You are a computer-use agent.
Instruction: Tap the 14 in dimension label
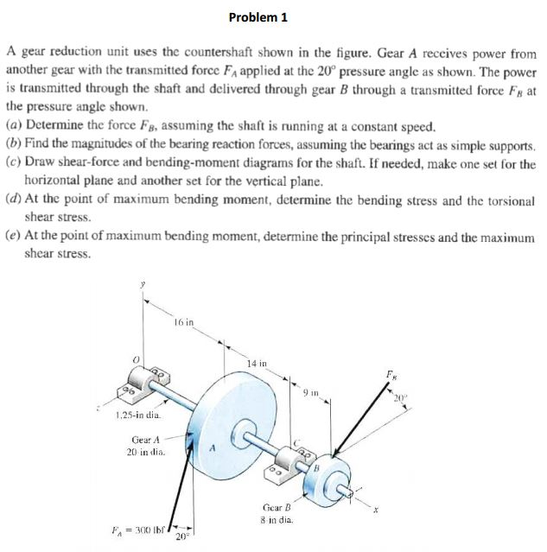pyautogui.click(x=258, y=364)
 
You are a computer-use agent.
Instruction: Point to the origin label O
pyautogui.click(x=135, y=354)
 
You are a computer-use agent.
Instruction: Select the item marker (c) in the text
pyautogui.click(x=13, y=163)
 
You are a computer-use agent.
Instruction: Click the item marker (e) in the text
pyautogui.click(x=13, y=235)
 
